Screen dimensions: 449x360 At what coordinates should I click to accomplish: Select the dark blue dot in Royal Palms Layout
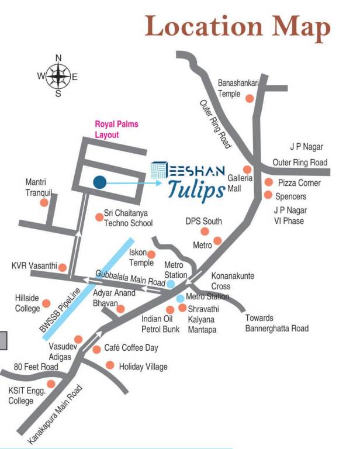click(x=99, y=182)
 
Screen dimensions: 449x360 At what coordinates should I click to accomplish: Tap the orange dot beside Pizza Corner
click(x=269, y=182)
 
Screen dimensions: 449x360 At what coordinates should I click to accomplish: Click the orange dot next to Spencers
click(x=268, y=195)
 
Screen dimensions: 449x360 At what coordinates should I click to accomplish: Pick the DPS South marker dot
click(x=204, y=232)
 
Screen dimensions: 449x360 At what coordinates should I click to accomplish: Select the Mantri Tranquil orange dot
click(x=43, y=203)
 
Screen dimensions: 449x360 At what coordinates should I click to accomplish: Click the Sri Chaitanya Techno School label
click(x=128, y=219)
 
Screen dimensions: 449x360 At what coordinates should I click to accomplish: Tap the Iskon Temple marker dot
click(x=151, y=254)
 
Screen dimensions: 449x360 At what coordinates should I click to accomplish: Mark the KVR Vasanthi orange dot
click(x=62, y=268)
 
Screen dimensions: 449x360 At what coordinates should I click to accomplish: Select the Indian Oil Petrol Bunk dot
click(x=170, y=310)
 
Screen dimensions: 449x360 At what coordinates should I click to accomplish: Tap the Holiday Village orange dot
click(x=109, y=365)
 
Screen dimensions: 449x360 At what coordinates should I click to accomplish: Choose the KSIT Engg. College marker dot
click(x=51, y=384)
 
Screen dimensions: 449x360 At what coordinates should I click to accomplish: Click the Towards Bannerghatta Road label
click(x=276, y=323)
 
